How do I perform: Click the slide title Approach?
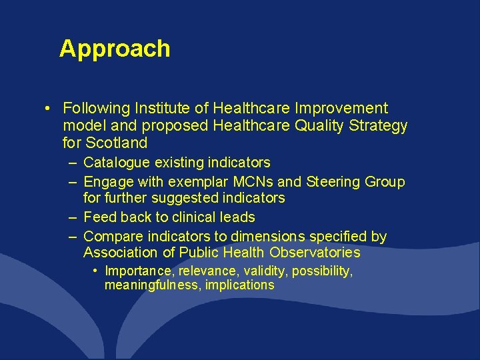[115, 49]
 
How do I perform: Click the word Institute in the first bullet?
[160, 108]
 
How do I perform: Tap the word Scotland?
[117, 143]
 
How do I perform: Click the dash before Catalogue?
[71, 163]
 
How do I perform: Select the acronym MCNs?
[248, 182]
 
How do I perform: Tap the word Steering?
[333, 182]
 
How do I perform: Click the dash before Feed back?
[71, 217]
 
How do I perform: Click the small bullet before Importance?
[97, 271]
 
